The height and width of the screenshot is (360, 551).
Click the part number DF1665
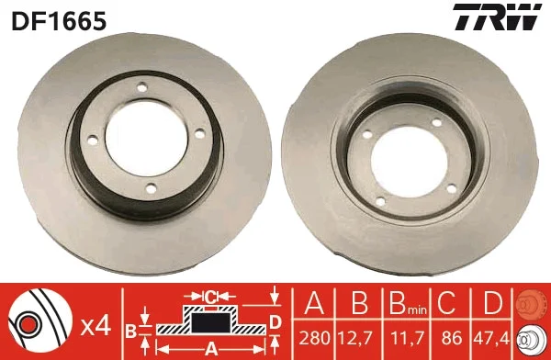pyautogui.click(x=59, y=20)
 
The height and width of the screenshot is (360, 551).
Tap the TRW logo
pyautogui.click(x=497, y=17)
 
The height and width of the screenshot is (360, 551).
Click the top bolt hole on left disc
pyautogui.click(x=142, y=87)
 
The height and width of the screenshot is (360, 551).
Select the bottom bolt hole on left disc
pyautogui.click(x=152, y=189)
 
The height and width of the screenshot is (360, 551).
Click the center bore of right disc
pyautogui.click(x=409, y=162)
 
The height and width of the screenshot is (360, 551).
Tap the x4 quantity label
pyautogui.click(x=96, y=327)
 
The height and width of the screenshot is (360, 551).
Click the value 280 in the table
pyautogui.click(x=314, y=338)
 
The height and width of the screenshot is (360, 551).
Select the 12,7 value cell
pyautogui.click(x=359, y=339)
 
